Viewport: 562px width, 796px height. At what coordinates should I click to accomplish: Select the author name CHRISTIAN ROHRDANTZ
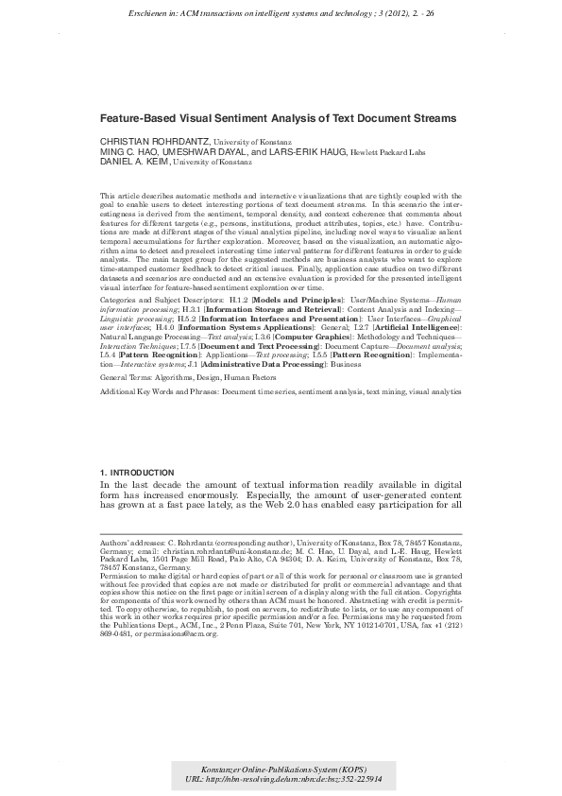(x=155, y=140)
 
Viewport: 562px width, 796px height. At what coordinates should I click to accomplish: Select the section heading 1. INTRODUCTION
(x=137, y=472)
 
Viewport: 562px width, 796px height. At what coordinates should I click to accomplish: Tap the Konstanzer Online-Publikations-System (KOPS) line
(x=281, y=769)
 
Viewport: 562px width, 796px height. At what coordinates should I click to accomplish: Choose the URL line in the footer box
(x=281, y=781)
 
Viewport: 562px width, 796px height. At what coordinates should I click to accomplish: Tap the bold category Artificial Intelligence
(x=415, y=324)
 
